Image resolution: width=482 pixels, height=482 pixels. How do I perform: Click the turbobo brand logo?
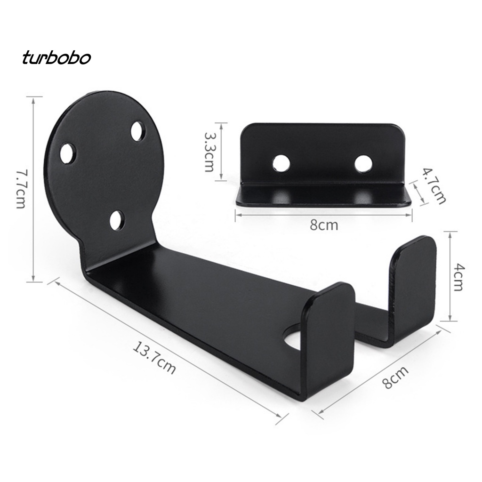56,58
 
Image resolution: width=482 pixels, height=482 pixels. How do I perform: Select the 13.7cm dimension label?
154,359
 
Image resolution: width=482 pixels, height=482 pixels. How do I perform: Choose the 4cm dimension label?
458,278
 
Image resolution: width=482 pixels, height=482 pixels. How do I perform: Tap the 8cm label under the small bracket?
324,225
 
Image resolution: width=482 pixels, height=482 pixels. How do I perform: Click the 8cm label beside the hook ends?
395,377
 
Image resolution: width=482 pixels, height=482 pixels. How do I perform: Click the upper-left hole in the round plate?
68,153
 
